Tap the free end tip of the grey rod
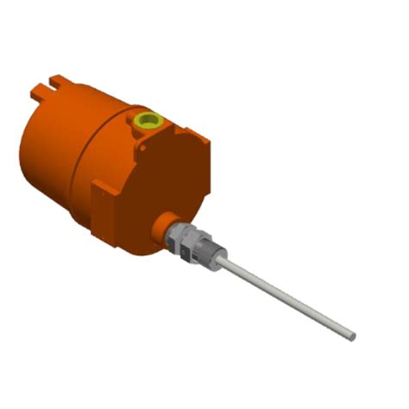point(351,333)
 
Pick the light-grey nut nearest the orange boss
point(177,234)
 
